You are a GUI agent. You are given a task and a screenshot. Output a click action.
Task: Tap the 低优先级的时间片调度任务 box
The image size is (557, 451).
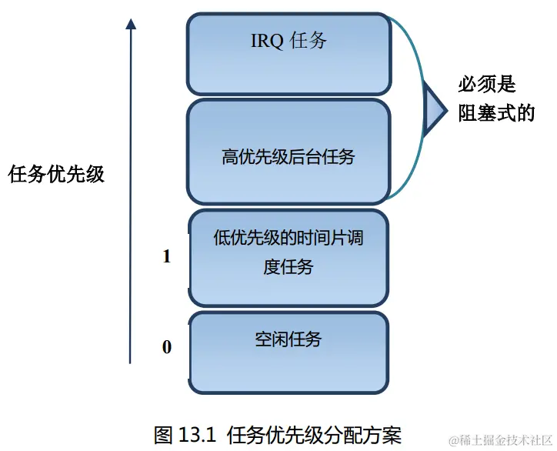click(288, 281)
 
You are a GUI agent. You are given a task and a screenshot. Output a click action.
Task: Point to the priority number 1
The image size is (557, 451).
click(167, 257)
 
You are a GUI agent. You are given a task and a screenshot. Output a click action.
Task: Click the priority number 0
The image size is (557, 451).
click(167, 347)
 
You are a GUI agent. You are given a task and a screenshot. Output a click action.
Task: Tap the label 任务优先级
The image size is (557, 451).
click(56, 174)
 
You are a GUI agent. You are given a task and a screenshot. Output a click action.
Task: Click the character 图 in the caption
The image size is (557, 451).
click(164, 434)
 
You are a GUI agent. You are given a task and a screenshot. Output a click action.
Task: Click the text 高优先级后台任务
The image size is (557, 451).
click(288, 158)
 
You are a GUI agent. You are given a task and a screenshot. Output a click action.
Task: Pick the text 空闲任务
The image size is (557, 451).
click(288, 339)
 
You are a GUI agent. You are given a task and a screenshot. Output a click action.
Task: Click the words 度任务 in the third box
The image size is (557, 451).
click(288, 267)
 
